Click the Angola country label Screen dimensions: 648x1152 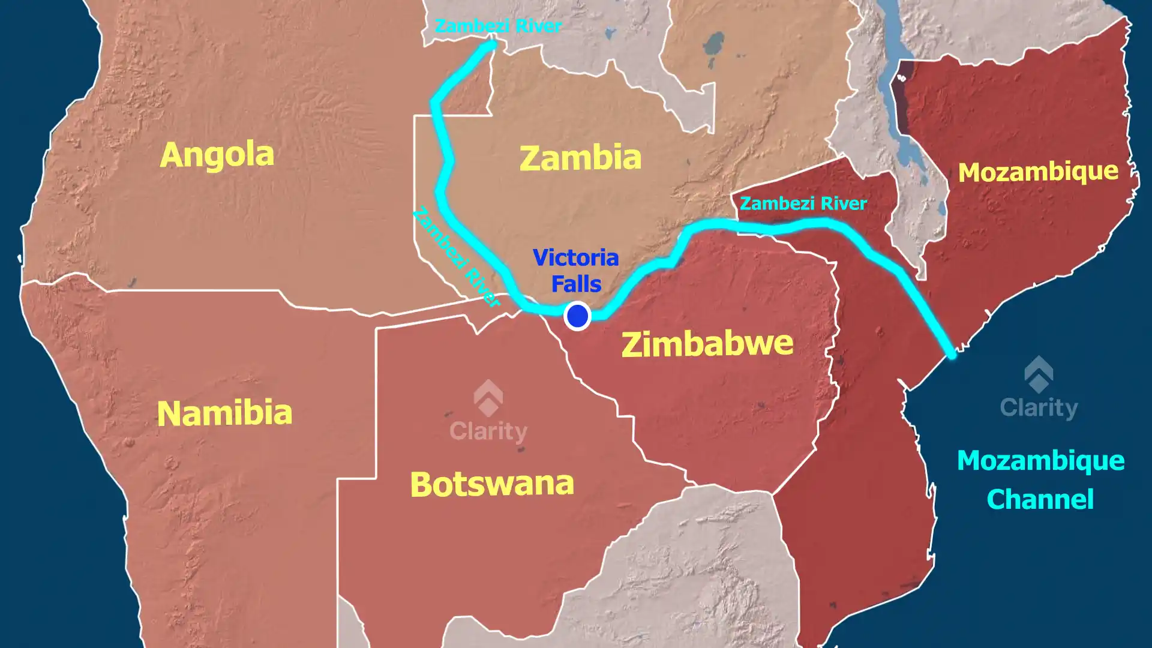(217, 155)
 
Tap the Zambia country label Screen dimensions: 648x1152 (580, 158)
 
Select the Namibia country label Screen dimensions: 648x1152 (224, 413)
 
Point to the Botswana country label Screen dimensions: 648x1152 (492, 484)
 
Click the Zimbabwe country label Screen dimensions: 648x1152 (707, 344)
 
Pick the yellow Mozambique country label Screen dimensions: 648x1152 (1038, 172)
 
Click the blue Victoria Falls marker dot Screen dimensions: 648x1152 (577, 316)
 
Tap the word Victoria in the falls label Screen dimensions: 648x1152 (575, 257)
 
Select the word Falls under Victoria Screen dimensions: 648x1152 (576, 283)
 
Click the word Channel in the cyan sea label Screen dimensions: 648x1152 (1040, 499)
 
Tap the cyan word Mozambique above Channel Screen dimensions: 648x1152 (1040, 461)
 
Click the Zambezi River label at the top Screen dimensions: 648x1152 (497, 26)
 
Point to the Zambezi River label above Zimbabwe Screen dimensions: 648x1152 (803, 203)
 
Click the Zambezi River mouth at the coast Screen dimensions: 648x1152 (951, 355)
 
